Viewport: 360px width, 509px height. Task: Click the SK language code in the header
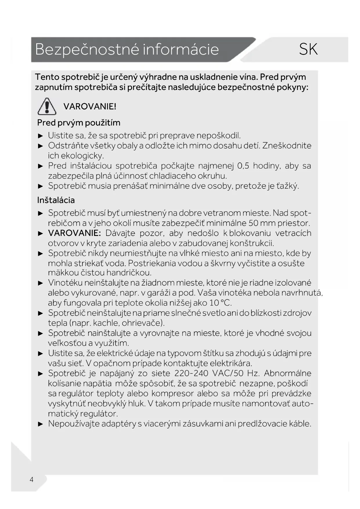point(308,49)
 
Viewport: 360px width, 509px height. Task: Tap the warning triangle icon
point(47,106)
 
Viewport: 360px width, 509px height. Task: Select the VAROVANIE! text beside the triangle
point(90,107)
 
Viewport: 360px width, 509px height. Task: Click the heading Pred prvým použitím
point(79,123)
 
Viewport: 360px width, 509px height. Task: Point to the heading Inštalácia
point(56,200)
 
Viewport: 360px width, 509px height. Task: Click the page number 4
point(32,479)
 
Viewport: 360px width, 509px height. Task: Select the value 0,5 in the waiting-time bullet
point(243,166)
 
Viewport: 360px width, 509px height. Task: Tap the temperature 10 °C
point(220,303)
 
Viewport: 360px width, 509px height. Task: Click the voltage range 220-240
point(191,373)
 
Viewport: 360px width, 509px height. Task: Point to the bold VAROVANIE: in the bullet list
point(74,233)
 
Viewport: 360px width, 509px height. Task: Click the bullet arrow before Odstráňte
point(41,146)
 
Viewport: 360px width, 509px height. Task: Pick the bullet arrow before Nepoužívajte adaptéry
point(41,424)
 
